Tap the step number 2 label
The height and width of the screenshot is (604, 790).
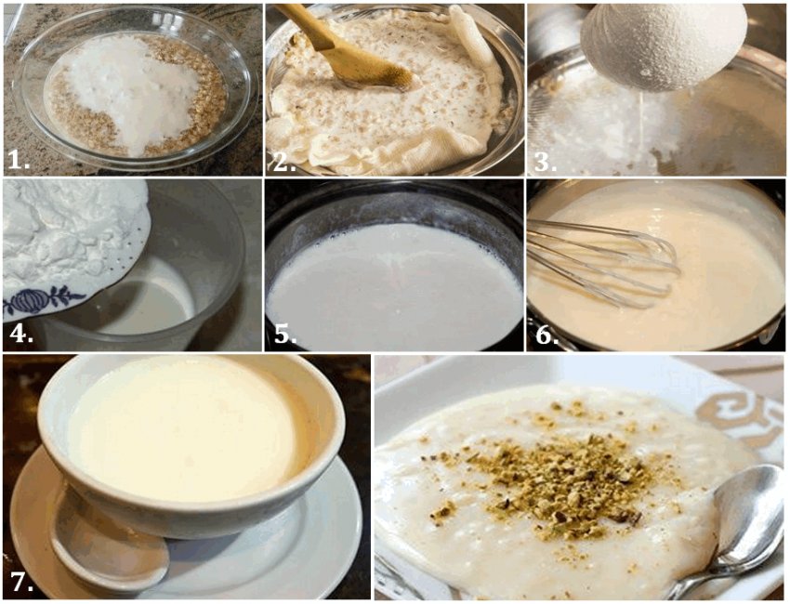283,160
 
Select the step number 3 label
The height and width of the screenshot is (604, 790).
546,160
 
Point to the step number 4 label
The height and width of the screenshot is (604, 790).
21,334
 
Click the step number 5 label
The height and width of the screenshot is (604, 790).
284,334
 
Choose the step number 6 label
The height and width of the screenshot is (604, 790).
546,334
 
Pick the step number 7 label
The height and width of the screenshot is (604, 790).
21,583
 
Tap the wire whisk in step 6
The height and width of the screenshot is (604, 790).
605,263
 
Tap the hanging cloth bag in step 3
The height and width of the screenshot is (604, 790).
663,43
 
